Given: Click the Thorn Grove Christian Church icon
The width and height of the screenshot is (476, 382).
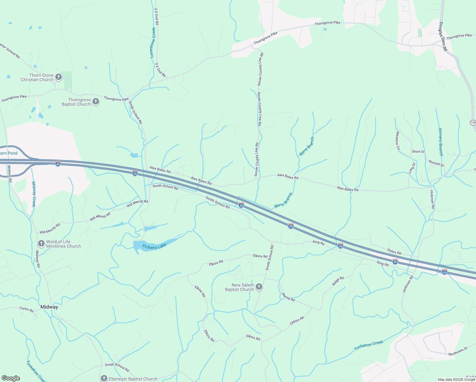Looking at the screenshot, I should coord(59,77).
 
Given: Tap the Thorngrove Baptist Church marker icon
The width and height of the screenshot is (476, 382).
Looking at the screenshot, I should coord(96,102).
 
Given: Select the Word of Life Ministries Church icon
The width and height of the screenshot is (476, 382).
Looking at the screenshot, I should coord(41,244).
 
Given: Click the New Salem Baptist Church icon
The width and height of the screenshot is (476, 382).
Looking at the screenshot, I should coord(259,287).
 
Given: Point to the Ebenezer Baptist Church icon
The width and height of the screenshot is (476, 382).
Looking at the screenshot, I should coord(104,378).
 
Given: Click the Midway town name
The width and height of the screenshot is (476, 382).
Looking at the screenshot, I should coord(49,307).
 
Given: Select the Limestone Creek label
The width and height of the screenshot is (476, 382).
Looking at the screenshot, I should coord(153,43).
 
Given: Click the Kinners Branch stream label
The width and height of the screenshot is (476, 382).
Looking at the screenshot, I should coord(441,142).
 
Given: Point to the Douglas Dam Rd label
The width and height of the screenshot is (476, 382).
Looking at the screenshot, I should coord(443,37).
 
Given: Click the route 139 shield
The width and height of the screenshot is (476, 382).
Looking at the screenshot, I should coord(473,123).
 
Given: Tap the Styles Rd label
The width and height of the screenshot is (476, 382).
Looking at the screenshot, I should coord(394,251).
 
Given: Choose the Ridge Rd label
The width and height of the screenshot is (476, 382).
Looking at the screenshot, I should coord(338,281).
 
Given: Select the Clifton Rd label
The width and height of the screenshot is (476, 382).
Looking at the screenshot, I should coord(297,320).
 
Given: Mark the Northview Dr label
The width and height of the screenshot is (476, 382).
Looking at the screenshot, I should coord(458,351).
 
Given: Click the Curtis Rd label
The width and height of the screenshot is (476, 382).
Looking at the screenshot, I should coord(26,309).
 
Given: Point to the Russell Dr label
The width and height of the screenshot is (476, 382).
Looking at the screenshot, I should coord(436,163).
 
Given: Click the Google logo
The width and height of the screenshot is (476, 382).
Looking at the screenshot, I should coord(11,378).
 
